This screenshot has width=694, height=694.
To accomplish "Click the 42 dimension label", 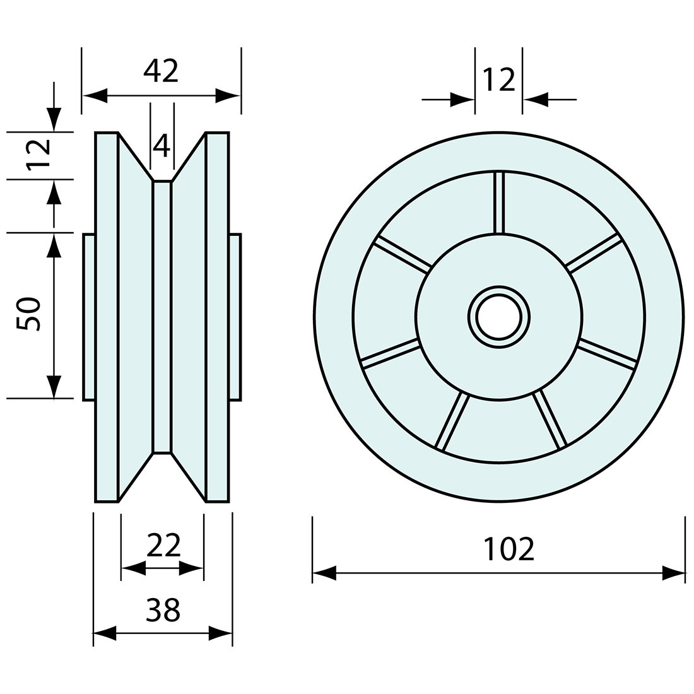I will [161, 71].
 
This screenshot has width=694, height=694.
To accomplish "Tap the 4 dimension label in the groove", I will [162, 146].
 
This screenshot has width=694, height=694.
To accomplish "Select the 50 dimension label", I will [30, 314].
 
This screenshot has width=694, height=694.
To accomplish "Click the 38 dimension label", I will [163, 610].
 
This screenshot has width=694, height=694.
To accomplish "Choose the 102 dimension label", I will [509, 549].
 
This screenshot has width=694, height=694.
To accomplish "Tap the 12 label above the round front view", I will [498, 81].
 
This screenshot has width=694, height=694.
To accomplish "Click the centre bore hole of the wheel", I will [498, 317].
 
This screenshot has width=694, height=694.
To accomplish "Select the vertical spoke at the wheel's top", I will [498, 202].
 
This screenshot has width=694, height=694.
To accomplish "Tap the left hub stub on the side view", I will [89, 317].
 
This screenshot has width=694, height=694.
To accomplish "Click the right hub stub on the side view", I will [235, 317].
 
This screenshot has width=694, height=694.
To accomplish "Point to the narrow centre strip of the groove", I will [162, 317].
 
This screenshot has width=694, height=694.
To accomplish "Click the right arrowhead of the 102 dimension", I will [674, 573].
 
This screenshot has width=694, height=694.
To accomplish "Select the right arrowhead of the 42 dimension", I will [228, 96].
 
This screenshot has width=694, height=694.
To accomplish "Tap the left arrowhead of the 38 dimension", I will [105, 633].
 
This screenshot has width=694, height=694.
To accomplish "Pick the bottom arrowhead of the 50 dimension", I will [54, 387].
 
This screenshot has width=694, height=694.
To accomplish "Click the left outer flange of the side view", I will [107, 317].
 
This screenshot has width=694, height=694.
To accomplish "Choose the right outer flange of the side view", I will [217, 317].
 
